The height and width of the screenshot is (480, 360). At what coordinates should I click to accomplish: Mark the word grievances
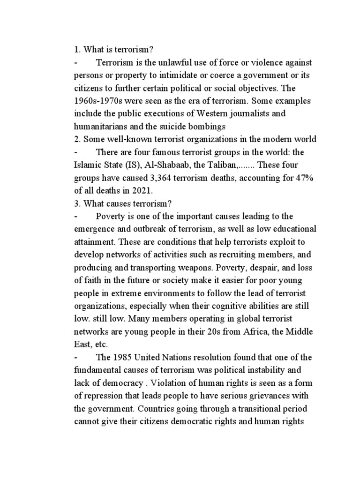click(270, 395)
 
